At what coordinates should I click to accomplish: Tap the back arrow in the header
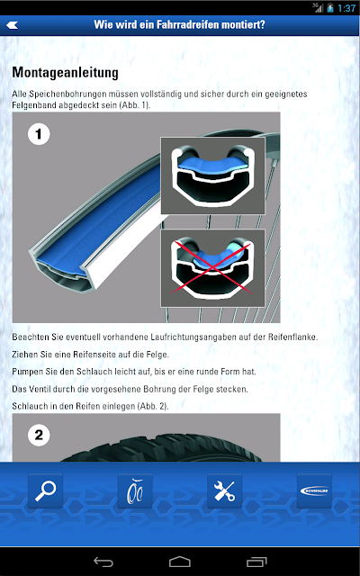(x=12, y=25)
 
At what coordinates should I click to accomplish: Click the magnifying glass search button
(x=46, y=490)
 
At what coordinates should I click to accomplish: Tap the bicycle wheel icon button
(x=135, y=490)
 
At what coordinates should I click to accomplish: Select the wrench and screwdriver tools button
(x=224, y=490)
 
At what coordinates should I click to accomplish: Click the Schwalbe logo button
(x=314, y=490)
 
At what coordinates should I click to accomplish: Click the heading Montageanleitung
(x=66, y=73)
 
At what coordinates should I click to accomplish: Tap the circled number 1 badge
(x=39, y=134)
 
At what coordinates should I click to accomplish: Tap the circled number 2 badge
(x=39, y=436)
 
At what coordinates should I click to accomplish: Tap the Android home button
(x=180, y=562)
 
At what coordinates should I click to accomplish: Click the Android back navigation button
(x=103, y=562)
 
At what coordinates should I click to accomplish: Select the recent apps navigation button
(x=256, y=562)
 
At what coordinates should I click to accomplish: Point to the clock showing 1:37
(x=346, y=8)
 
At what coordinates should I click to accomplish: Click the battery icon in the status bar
(x=330, y=8)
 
